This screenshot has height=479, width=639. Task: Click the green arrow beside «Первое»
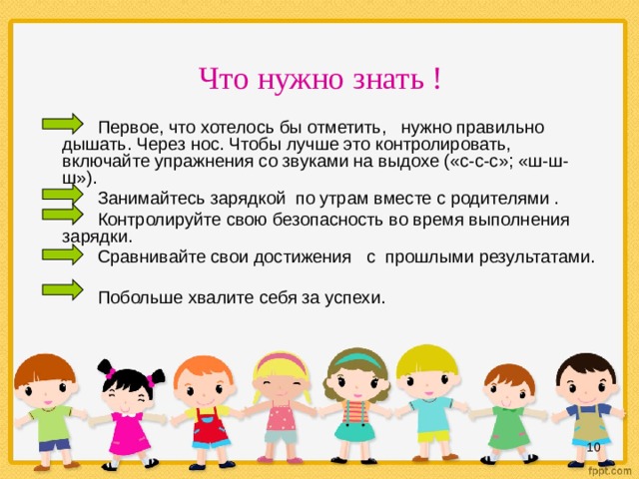pyautogui.click(x=63, y=124)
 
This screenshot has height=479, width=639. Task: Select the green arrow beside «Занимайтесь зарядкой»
pyautogui.click(x=63, y=193)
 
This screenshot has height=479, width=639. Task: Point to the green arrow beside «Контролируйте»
pyautogui.click(x=63, y=215)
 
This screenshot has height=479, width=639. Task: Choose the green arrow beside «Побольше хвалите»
pyautogui.click(x=63, y=290)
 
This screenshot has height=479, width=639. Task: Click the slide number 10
pyautogui.click(x=593, y=446)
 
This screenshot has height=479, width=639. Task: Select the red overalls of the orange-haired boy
pyautogui.click(x=208, y=427)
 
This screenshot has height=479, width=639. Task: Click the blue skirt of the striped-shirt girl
pyautogui.click(x=354, y=431)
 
